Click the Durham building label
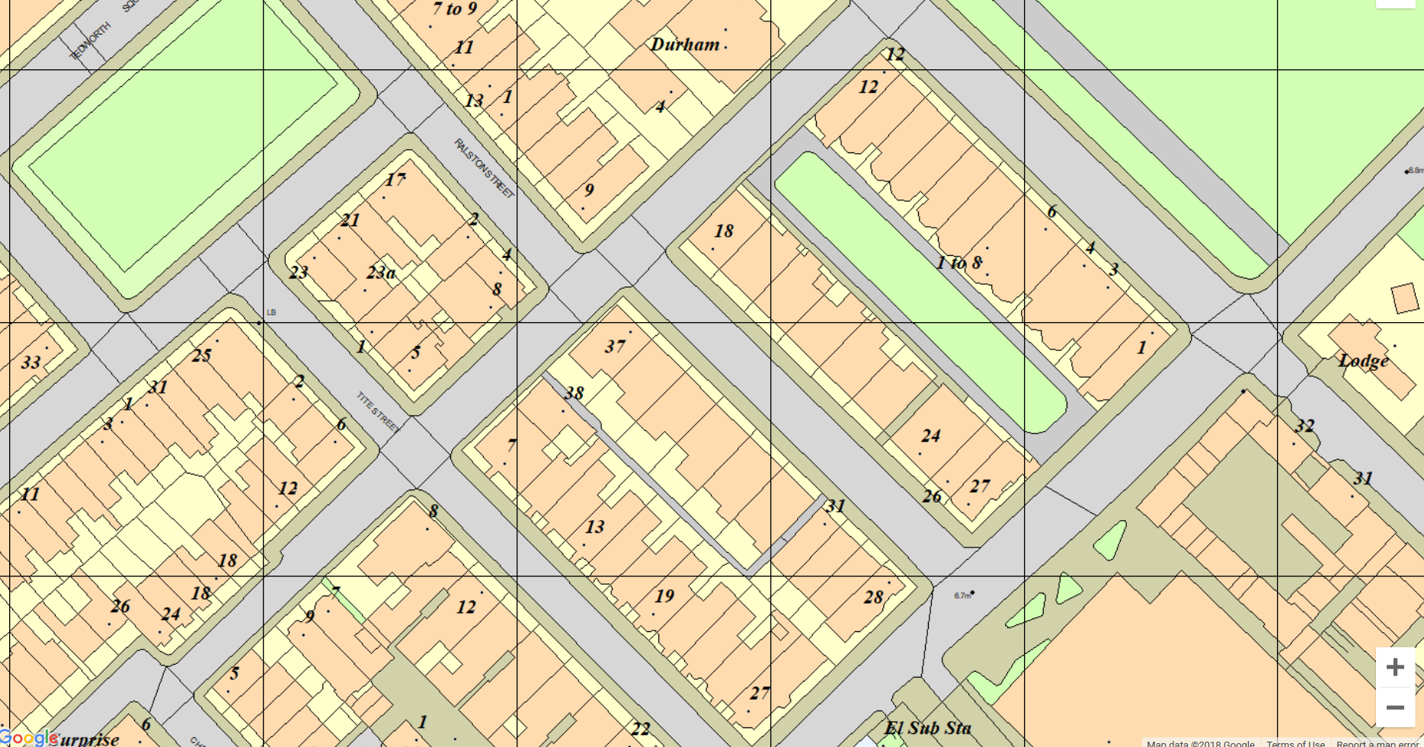[685, 44]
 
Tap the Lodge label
[1363, 361]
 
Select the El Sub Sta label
[927, 729]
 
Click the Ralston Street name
[484, 168]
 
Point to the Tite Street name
[378, 412]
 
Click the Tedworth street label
[91, 41]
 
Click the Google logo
[29, 737]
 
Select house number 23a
[381, 273]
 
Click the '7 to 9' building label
[454, 9]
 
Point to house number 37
[615, 346]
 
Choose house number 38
[574, 394]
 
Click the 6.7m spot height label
[962, 595]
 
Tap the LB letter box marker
[271, 312]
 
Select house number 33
[30, 362]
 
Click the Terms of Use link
[1294, 743]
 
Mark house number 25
[201, 356]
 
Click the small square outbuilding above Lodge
[1405, 298]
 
